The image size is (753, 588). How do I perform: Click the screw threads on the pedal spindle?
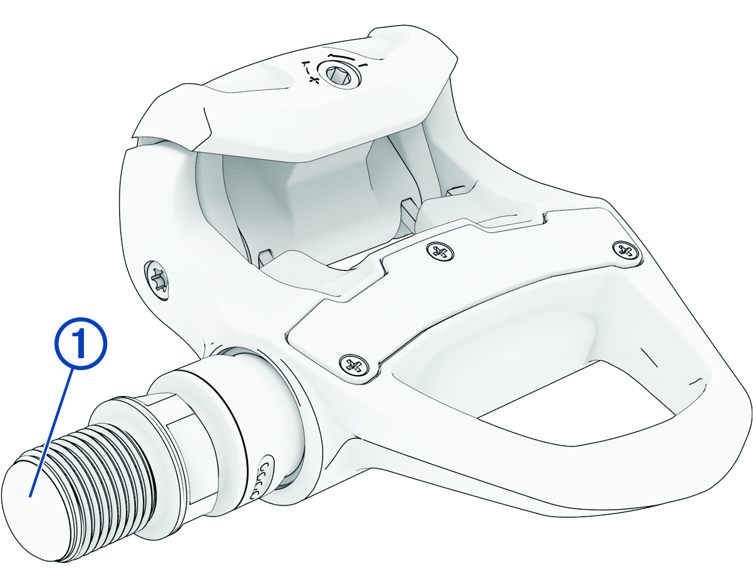pos(100,463)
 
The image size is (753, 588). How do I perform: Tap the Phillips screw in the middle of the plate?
pos(440,252)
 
